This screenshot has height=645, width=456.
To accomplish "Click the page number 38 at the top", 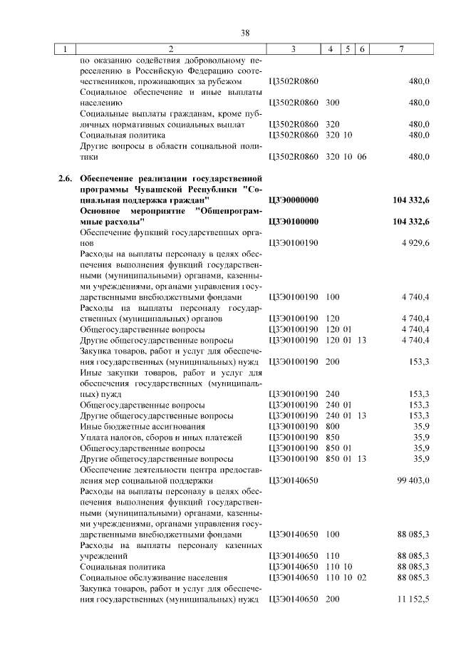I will click(245, 33).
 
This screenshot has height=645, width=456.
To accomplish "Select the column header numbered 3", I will click(293, 49).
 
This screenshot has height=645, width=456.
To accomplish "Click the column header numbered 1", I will click(65, 49).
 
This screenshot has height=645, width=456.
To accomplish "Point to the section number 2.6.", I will click(66, 177).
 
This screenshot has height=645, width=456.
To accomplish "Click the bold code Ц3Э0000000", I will click(294, 201).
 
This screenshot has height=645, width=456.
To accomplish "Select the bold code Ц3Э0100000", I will click(294, 222).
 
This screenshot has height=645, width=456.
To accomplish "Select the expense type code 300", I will click(332, 102).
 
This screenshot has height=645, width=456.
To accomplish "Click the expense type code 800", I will click(332, 425).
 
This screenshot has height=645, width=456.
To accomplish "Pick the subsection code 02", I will click(361, 577).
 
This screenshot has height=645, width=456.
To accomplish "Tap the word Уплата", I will click(94, 436).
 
